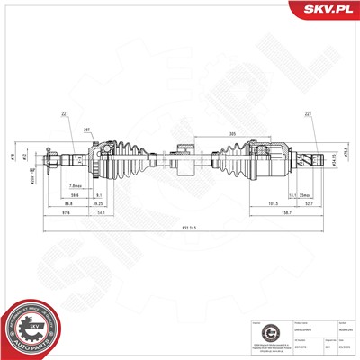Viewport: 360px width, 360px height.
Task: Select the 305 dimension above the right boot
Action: [233, 134]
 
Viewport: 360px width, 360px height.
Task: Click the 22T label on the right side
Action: [308, 112]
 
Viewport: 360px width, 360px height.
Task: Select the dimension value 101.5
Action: [245, 203]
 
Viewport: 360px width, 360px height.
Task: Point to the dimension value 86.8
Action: [69, 203]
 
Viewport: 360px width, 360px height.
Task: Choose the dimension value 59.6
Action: [76, 194]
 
